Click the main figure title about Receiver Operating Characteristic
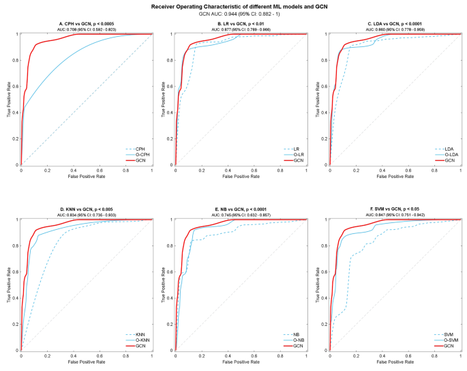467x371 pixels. coord(233,5)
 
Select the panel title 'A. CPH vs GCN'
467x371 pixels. coord(86,24)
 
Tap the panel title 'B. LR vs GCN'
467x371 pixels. coord(241,24)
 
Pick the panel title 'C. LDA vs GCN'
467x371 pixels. coord(395,24)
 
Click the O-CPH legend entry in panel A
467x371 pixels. coord(139,154)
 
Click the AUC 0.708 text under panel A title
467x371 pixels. coord(86,29)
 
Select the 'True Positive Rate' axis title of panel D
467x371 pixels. coord(8,284)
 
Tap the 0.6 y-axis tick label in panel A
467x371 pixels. coord(16,86)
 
